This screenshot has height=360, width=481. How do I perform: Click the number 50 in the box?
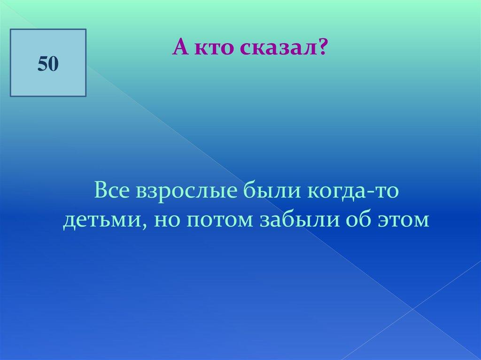pyautogui.click(x=48, y=64)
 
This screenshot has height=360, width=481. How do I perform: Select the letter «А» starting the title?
pyautogui.click(x=181, y=47)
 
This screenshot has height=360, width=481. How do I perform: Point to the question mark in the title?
pyautogui.click(x=321, y=47)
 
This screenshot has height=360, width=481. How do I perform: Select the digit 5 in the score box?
pyautogui.click(x=43, y=64)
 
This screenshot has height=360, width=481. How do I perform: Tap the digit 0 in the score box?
pyautogui.click(x=54, y=65)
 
